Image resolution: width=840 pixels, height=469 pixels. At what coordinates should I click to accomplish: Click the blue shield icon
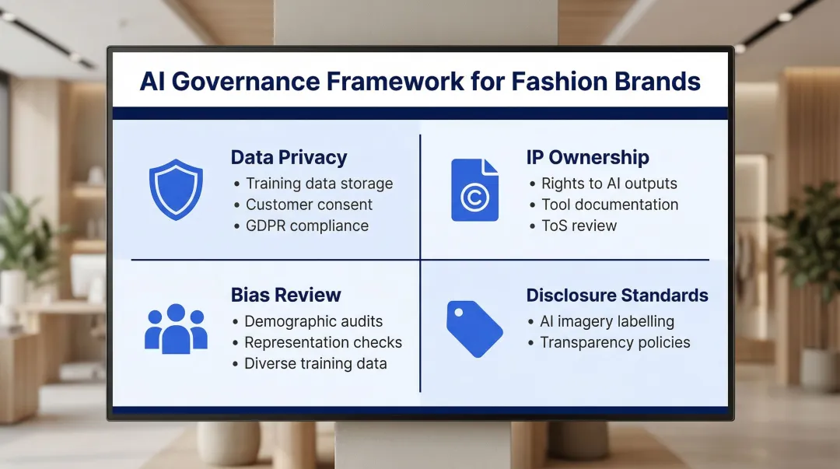pos(176,190)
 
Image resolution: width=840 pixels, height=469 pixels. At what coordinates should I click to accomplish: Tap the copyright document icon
pos(474,191)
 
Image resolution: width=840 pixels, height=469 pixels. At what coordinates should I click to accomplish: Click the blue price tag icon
pos(474,328)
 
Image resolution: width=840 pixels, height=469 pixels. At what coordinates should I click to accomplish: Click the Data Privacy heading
pos(289,157)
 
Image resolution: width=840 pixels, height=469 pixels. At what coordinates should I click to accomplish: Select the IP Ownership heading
pos(587,157)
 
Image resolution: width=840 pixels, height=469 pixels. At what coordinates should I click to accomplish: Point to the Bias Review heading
pos(285,295)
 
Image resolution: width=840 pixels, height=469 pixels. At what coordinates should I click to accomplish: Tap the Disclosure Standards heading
pos(617,295)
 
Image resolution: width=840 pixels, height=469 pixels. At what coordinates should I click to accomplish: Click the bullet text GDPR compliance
pos(307,226)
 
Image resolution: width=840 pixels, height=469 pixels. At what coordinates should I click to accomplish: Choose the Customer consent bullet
pos(309,205)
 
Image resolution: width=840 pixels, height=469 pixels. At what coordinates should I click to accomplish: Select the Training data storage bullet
pos(319,184)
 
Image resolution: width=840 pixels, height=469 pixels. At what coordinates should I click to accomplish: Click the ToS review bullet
pos(579,226)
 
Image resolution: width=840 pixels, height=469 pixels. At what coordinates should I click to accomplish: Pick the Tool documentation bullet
pos(610,205)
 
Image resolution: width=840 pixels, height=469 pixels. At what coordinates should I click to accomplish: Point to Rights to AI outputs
pos(609,184)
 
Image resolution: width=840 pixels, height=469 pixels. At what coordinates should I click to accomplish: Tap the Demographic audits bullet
pos(313,321)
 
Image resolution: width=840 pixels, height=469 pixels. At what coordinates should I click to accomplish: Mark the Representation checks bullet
pos(323,342)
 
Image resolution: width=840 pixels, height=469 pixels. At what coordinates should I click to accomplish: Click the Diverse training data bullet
pos(315,363)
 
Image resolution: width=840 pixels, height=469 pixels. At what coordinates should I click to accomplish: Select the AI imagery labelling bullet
pos(607,321)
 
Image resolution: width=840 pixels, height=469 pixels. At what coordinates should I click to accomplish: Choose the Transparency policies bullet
pos(614,342)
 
